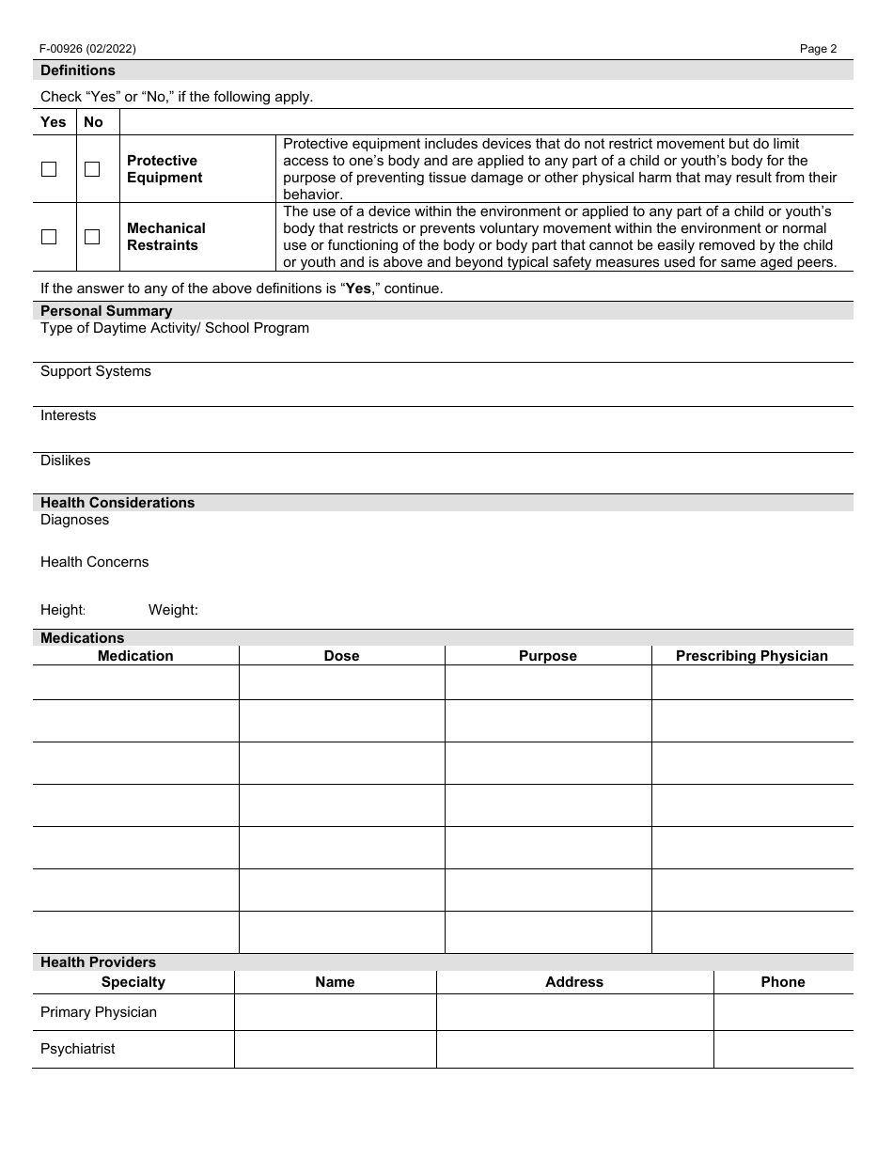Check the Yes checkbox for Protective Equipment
(x=49, y=169)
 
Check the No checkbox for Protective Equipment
(x=92, y=169)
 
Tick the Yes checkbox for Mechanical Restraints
(x=49, y=237)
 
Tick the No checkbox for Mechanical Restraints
(x=92, y=237)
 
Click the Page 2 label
(x=818, y=49)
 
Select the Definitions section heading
(x=78, y=70)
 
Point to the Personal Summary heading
(x=106, y=311)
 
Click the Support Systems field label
(x=96, y=371)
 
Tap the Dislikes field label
(x=66, y=461)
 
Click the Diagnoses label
(x=75, y=520)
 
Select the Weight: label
(x=173, y=610)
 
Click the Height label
(x=63, y=610)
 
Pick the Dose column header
(x=341, y=656)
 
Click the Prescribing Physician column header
(x=752, y=656)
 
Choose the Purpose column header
(x=548, y=656)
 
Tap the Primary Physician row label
(x=99, y=1012)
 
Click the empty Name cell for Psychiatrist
(x=335, y=1049)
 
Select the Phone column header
(x=783, y=982)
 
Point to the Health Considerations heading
(x=117, y=503)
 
